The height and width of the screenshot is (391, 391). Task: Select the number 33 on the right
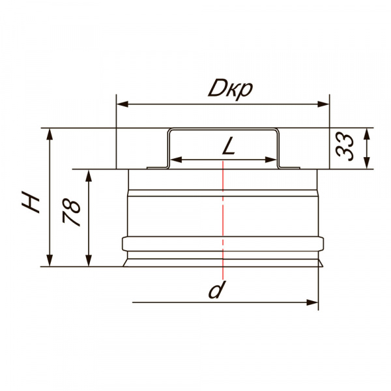(x=345, y=147)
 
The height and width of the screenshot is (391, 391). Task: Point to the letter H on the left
(x=31, y=202)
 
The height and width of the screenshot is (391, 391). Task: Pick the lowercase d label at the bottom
(x=216, y=290)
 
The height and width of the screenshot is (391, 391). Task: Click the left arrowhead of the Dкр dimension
(x=123, y=104)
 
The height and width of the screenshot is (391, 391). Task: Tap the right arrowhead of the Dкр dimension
(x=323, y=104)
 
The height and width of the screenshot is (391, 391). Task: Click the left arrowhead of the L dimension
(x=177, y=160)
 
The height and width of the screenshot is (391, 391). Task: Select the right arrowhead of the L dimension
(x=270, y=160)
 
